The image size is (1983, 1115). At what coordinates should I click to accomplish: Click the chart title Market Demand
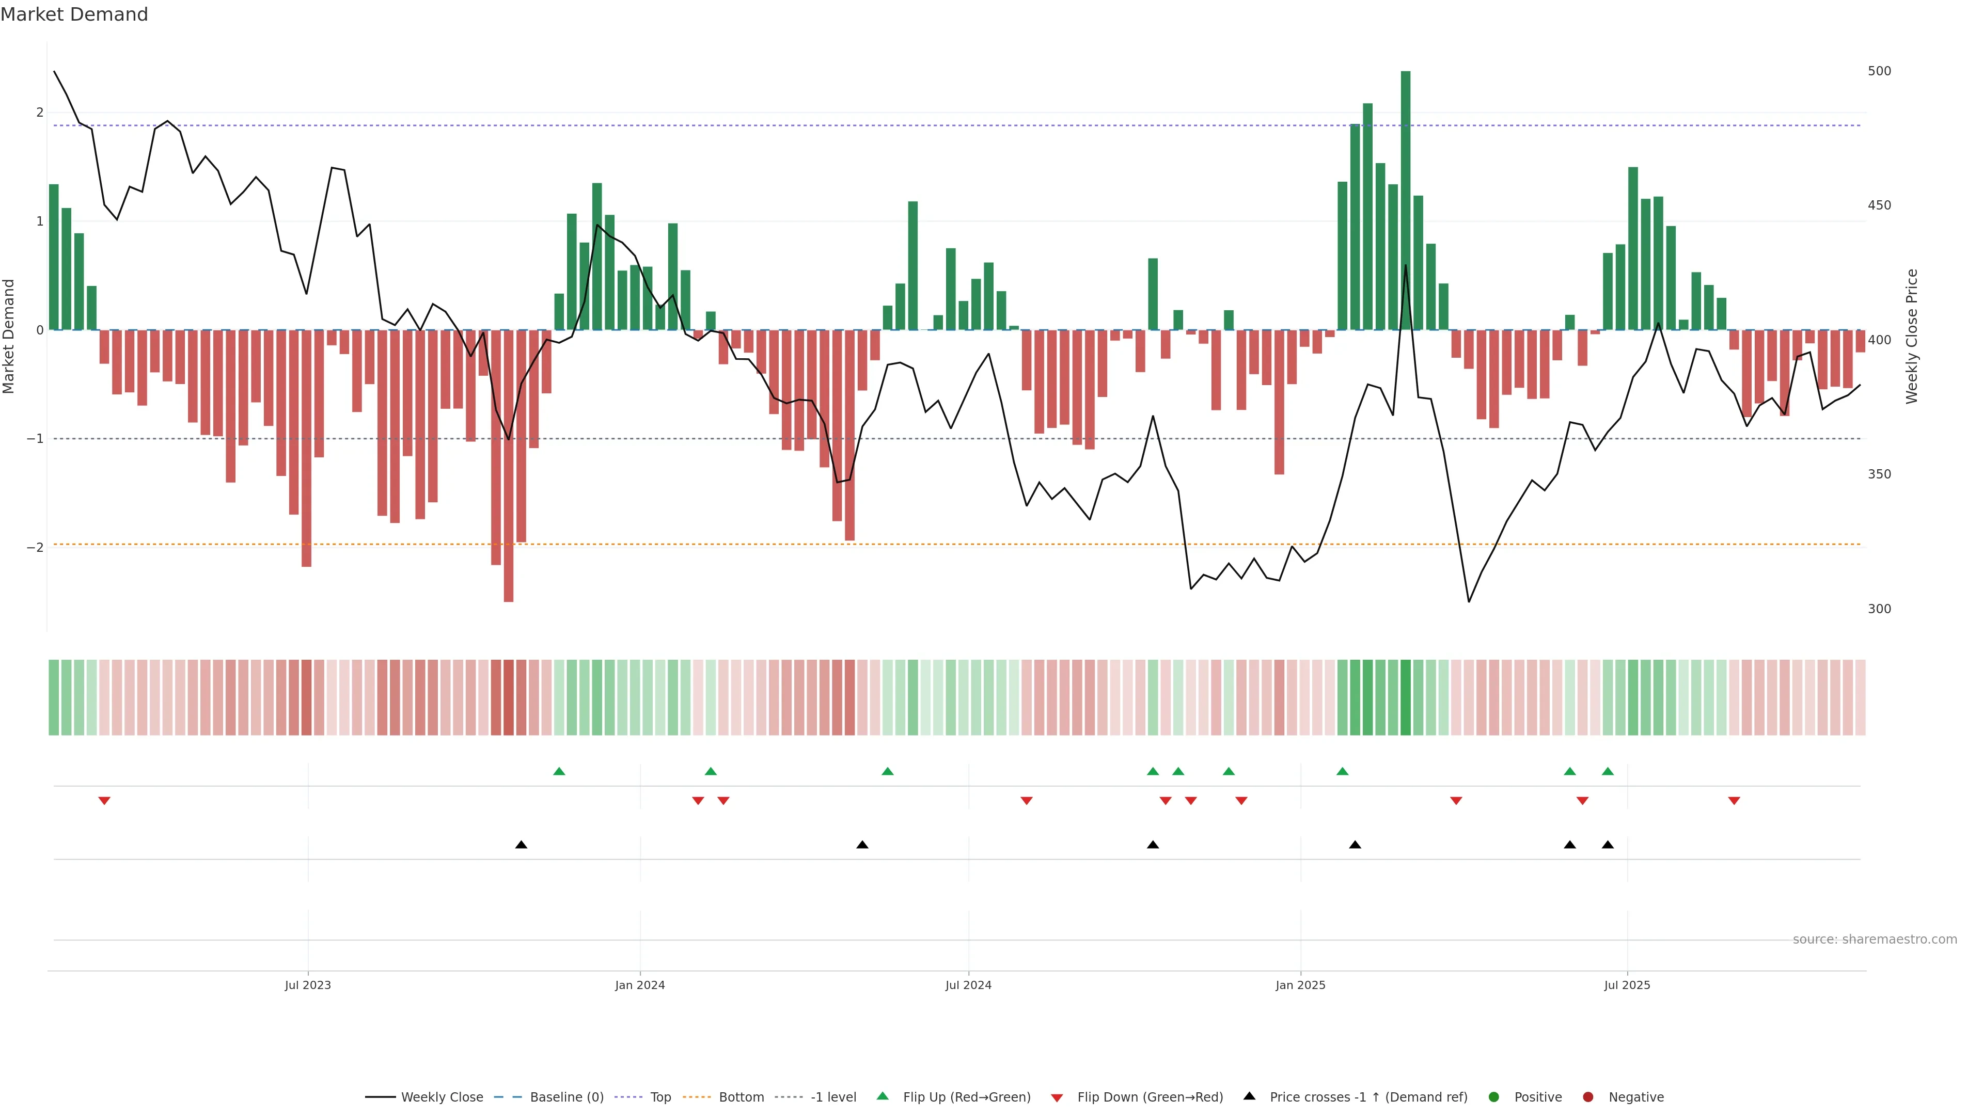click(x=74, y=14)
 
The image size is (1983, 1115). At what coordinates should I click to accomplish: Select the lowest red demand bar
click(x=508, y=466)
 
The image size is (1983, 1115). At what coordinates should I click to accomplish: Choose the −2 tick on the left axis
click(x=36, y=548)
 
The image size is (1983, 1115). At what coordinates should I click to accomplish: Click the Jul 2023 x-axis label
click(x=307, y=985)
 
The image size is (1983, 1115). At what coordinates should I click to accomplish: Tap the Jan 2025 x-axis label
click(x=1300, y=985)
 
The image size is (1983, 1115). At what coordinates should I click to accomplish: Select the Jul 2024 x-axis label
click(x=968, y=985)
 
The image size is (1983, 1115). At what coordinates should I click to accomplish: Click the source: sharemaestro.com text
click(x=1875, y=939)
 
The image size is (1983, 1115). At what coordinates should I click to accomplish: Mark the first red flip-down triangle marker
click(x=104, y=801)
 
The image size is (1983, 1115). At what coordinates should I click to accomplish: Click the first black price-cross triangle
click(x=521, y=845)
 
